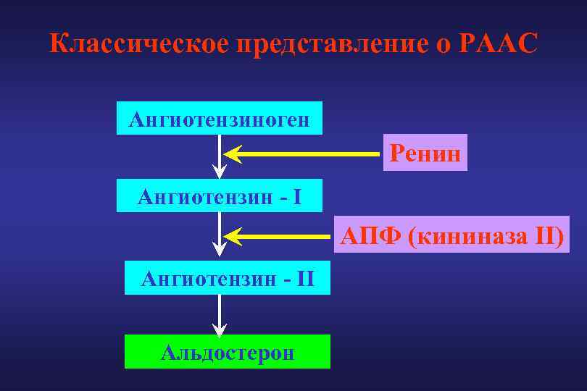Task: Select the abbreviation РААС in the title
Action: point(499,44)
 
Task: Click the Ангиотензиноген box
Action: point(220,118)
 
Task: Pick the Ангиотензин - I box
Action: point(220,196)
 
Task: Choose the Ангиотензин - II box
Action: point(228,277)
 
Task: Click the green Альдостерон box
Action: point(228,352)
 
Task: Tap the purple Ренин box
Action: point(425,153)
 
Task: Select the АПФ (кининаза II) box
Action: point(451,235)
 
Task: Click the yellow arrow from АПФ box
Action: point(279,236)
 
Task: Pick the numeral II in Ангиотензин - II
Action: point(305,277)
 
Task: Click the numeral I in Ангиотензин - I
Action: point(298,196)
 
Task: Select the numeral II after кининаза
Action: point(547,235)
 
